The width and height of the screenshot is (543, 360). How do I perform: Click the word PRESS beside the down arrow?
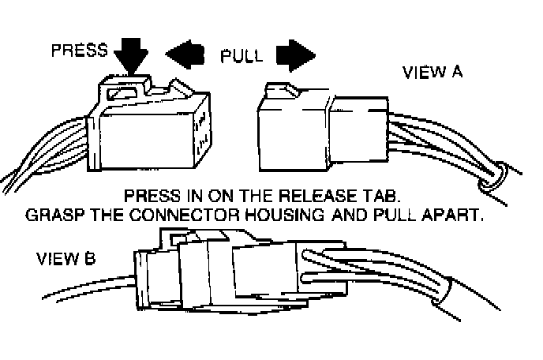[79, 50]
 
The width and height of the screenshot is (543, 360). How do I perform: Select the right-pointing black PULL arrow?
[295, 57]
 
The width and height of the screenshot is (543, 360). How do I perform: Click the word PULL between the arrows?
[241, 56]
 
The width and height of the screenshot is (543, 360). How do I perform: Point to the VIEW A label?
[433, 73]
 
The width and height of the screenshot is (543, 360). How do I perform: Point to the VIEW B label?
[66, 258]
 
